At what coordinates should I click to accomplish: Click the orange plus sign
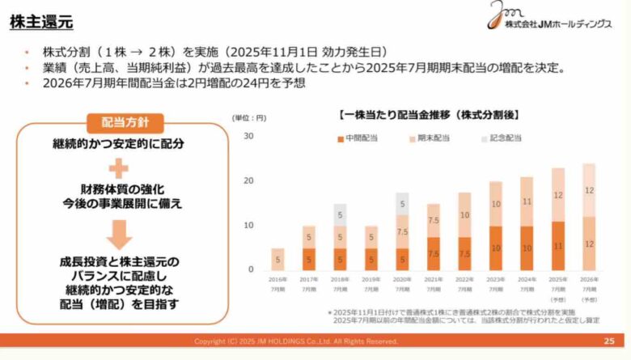tap(119, 167)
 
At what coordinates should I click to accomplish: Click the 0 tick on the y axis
tap(251, 269)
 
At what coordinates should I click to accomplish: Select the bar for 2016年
tap(278, 259)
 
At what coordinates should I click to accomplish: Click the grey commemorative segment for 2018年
tap(340, 215)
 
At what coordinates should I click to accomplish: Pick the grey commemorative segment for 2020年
tap(402, 204)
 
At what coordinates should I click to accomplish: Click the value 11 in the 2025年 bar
tap(557, 245)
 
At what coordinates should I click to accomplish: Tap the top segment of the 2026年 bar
tap(588, 190)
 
